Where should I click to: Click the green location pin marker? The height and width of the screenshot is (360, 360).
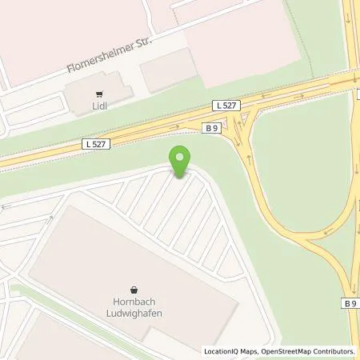coord(182,162)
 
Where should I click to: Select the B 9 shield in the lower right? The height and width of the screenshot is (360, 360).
coord(350,302)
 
